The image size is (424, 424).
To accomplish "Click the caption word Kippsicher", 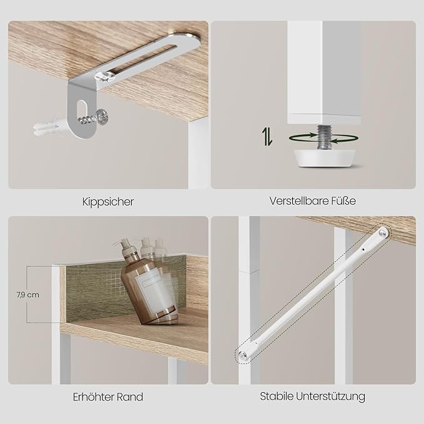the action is click(x=108, y=202).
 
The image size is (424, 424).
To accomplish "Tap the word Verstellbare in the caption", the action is click(x=299, y=201).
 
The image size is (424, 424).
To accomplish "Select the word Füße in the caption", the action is click(x=343, y=201).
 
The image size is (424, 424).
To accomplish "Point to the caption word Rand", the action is click(x=129, y=397).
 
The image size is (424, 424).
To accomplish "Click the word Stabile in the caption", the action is click(x=277, y=397).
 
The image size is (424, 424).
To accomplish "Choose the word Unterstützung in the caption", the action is click(x=330, y=397).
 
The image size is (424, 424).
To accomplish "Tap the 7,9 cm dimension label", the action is click(x=28, y=295).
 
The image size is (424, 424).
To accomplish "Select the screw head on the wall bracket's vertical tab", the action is click(x=102, y=117).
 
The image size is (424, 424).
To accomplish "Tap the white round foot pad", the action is click(x=325, y=158).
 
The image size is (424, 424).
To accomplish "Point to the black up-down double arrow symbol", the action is click(x=268, y=136).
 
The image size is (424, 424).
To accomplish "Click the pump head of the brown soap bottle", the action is click(x=122, y=244).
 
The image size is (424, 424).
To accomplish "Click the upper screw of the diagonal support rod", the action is click(x=383, y=233).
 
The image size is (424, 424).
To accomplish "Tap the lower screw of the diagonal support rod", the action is click(x=243, y=355).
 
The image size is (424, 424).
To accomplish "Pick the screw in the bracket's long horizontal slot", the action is click(x=103, y=76).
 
